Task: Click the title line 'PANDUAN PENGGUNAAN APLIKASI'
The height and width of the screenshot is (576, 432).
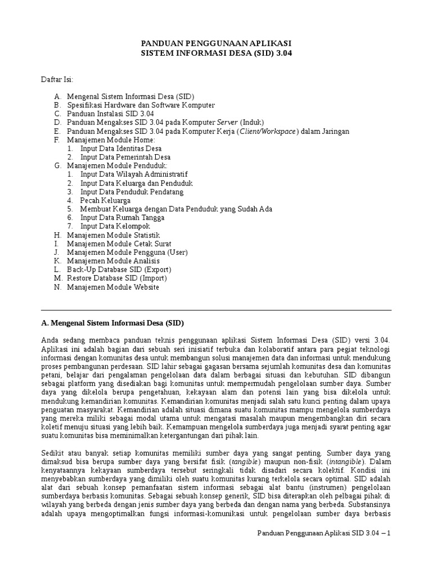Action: point(216,43)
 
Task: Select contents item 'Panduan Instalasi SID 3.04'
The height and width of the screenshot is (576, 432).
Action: point(110,114)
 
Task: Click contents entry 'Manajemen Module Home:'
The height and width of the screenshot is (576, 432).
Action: point(111,139)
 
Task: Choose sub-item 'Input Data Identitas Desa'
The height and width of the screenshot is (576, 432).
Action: point(120,148)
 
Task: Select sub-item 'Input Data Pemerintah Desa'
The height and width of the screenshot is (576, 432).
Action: point(125,157)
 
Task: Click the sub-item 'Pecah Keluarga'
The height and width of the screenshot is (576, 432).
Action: point(105,200)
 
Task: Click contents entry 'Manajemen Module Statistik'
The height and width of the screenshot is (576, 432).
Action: point(113,235)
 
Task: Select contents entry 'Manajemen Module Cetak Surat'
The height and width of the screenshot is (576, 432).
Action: point(119,244)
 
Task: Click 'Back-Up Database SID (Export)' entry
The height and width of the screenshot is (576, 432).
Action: point(119,269)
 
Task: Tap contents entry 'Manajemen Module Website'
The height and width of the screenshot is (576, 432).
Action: point(112,287)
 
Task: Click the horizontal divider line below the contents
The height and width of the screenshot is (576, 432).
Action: point(216,310)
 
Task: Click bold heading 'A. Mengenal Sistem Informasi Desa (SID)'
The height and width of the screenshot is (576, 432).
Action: point(113,323)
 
